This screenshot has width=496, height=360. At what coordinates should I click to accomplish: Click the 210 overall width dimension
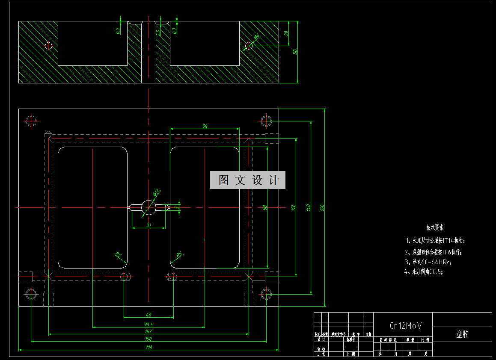149,348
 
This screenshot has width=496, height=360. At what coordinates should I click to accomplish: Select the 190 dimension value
149,339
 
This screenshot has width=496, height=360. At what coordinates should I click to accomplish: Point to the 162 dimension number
149,331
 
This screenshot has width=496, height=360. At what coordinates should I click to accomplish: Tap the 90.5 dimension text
149,325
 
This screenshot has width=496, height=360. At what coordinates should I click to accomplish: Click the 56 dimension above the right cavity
205,126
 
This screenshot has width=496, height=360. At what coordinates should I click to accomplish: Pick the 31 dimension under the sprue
149,225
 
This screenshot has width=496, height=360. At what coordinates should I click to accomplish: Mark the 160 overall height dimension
322,207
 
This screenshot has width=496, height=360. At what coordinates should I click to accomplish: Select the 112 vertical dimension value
293,207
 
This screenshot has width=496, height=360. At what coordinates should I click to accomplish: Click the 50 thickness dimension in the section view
295,52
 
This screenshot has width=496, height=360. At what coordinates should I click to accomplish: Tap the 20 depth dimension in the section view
286,33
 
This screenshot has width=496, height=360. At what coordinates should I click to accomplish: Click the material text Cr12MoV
405,326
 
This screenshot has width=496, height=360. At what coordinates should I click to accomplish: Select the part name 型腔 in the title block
462,334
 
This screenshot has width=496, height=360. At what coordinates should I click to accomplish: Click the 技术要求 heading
434,227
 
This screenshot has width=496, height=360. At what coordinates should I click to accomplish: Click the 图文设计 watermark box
247,180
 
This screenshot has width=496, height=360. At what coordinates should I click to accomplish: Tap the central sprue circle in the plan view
149,207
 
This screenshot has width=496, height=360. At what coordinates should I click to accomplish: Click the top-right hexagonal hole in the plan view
266,121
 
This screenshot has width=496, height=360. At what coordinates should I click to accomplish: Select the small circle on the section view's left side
48,45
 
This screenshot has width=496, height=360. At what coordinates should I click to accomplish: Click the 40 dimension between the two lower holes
149,315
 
